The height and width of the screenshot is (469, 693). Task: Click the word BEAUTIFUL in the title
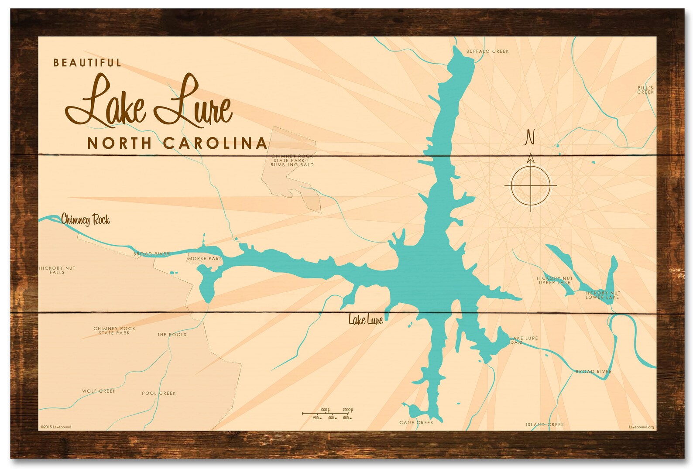click(x=87, y=63)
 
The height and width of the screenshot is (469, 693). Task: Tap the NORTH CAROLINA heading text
click(x=177, y=143)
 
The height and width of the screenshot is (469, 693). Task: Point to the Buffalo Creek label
click(x=487, y=51)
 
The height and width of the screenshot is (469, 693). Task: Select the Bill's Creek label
click(x=645, y=90)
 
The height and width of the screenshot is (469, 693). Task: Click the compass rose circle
click(x=531, y=185)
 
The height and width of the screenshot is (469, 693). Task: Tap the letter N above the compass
click(x=530, y=137)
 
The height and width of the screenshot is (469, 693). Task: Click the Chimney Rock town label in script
click(x=86, y=219)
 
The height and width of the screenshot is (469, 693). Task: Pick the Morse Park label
click(x=205, y=259)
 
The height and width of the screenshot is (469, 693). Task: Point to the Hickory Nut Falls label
click(x=57, y=270)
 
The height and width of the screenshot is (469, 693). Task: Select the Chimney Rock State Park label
click(x=114, y=331)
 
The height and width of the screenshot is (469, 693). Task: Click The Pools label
click(x=172, y=335)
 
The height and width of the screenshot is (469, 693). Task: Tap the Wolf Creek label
click(x=99, y=391)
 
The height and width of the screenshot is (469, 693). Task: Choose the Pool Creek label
click(x=159, y=393)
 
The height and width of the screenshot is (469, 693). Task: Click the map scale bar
click(x=328, y=414)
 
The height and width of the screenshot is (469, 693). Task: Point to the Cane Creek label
click(x=416, y=422)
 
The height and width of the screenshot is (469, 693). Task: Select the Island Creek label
click(x=545, y=424)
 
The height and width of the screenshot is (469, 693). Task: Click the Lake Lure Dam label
click(x=524, y=340)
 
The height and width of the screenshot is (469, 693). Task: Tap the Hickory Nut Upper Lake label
click(x=555, y=280)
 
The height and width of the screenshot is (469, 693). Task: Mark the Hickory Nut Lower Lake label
click(x=602, y=295)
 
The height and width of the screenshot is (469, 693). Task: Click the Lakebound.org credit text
click(x=641, y=427)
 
